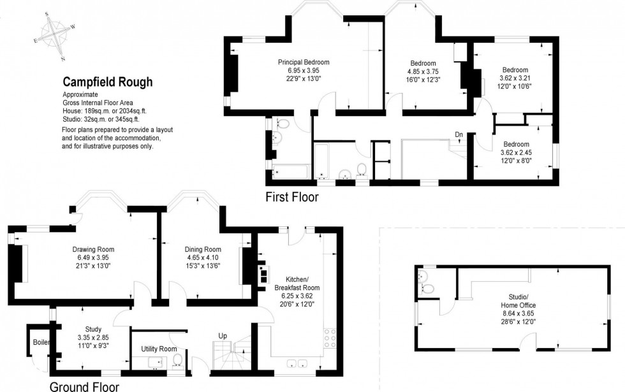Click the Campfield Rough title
click(107, 82)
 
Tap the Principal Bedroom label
click(303, 62)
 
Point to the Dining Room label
click(203, 249)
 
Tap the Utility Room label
click(159, 349)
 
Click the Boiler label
click(41, 342)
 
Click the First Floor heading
click(291, 198)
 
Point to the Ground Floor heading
click(84, 386)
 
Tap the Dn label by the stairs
click(459, 134)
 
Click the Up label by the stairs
click(223, 335)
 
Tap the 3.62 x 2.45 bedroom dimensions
click(515, 152)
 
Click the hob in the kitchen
click(331, 337)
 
